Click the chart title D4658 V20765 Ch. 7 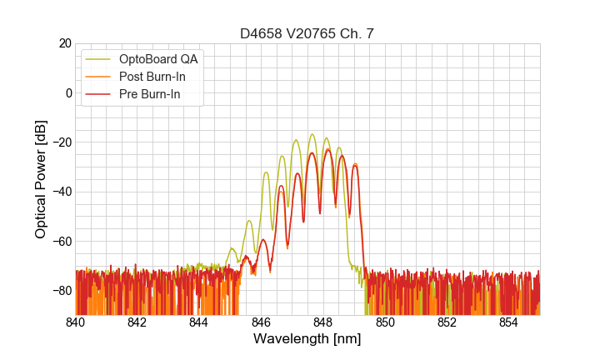pos(307,33)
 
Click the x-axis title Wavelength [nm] pos(307,339)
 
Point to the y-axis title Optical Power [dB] pos(41,178)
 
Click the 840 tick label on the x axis pos(75,322)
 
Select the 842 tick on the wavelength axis pos(137,322)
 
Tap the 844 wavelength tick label pos(198,322)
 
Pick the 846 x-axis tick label pos(261,322)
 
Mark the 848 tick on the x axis pos(322,322)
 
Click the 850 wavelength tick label pos(385,322)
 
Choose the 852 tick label pos(447,322)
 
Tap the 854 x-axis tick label pos(508,322)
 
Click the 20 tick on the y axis pos(64,43)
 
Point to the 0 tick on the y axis pos(67,92)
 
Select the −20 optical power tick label pos(59,142)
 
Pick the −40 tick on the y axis pos(59,192)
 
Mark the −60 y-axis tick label pos(59,241)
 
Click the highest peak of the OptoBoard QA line pos(312,134)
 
